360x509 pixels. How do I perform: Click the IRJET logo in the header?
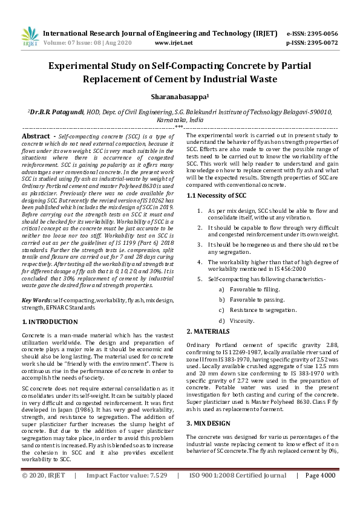[30, 37]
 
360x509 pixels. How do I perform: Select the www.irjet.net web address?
[174, 43]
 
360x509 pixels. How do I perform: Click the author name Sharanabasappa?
[179, 96]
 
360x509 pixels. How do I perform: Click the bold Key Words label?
[36, 300]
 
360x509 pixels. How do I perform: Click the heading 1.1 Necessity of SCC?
[216, 195]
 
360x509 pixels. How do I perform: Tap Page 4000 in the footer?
[319, 493]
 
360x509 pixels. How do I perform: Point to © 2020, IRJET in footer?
[44, 493]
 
